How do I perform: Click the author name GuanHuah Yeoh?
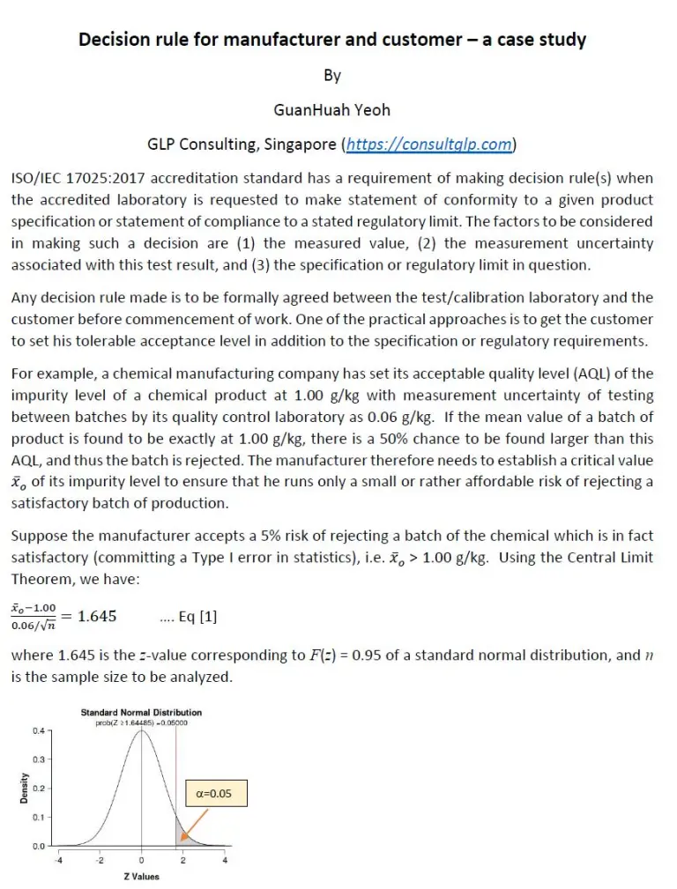point(331,109)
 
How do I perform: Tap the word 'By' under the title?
point(331,76)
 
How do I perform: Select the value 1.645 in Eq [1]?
point(97,616)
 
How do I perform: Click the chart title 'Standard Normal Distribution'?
point(141,712)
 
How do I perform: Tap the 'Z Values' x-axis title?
point(141,877)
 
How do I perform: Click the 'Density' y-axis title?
point(24,788)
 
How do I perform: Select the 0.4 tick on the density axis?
point(40,731)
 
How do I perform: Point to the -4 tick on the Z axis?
point(59,860)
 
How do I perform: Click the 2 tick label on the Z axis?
point(183,860)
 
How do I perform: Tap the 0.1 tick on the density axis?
point(40,818)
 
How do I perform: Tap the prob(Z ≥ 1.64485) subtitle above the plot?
point(141,722)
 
